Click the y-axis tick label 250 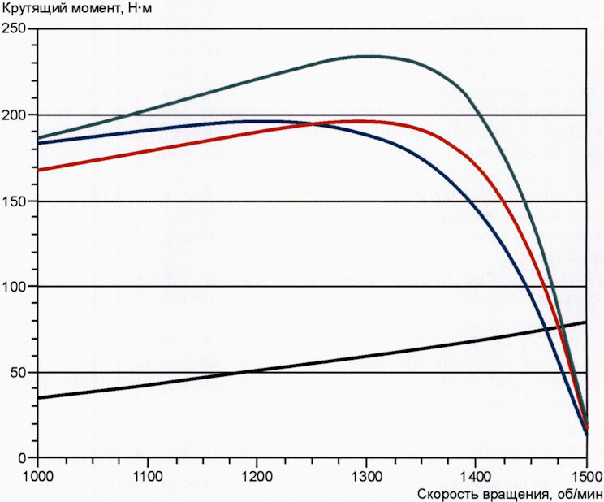[16, 29]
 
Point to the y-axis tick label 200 [16, 115]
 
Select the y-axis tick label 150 [16, 201]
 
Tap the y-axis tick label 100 [16, 287]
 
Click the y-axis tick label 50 [19, 373]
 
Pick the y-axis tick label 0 [23, 458]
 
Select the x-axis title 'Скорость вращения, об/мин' [509, 493]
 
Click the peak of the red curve [357, 121]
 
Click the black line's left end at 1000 [38, 398]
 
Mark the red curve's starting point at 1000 [38, 170]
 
